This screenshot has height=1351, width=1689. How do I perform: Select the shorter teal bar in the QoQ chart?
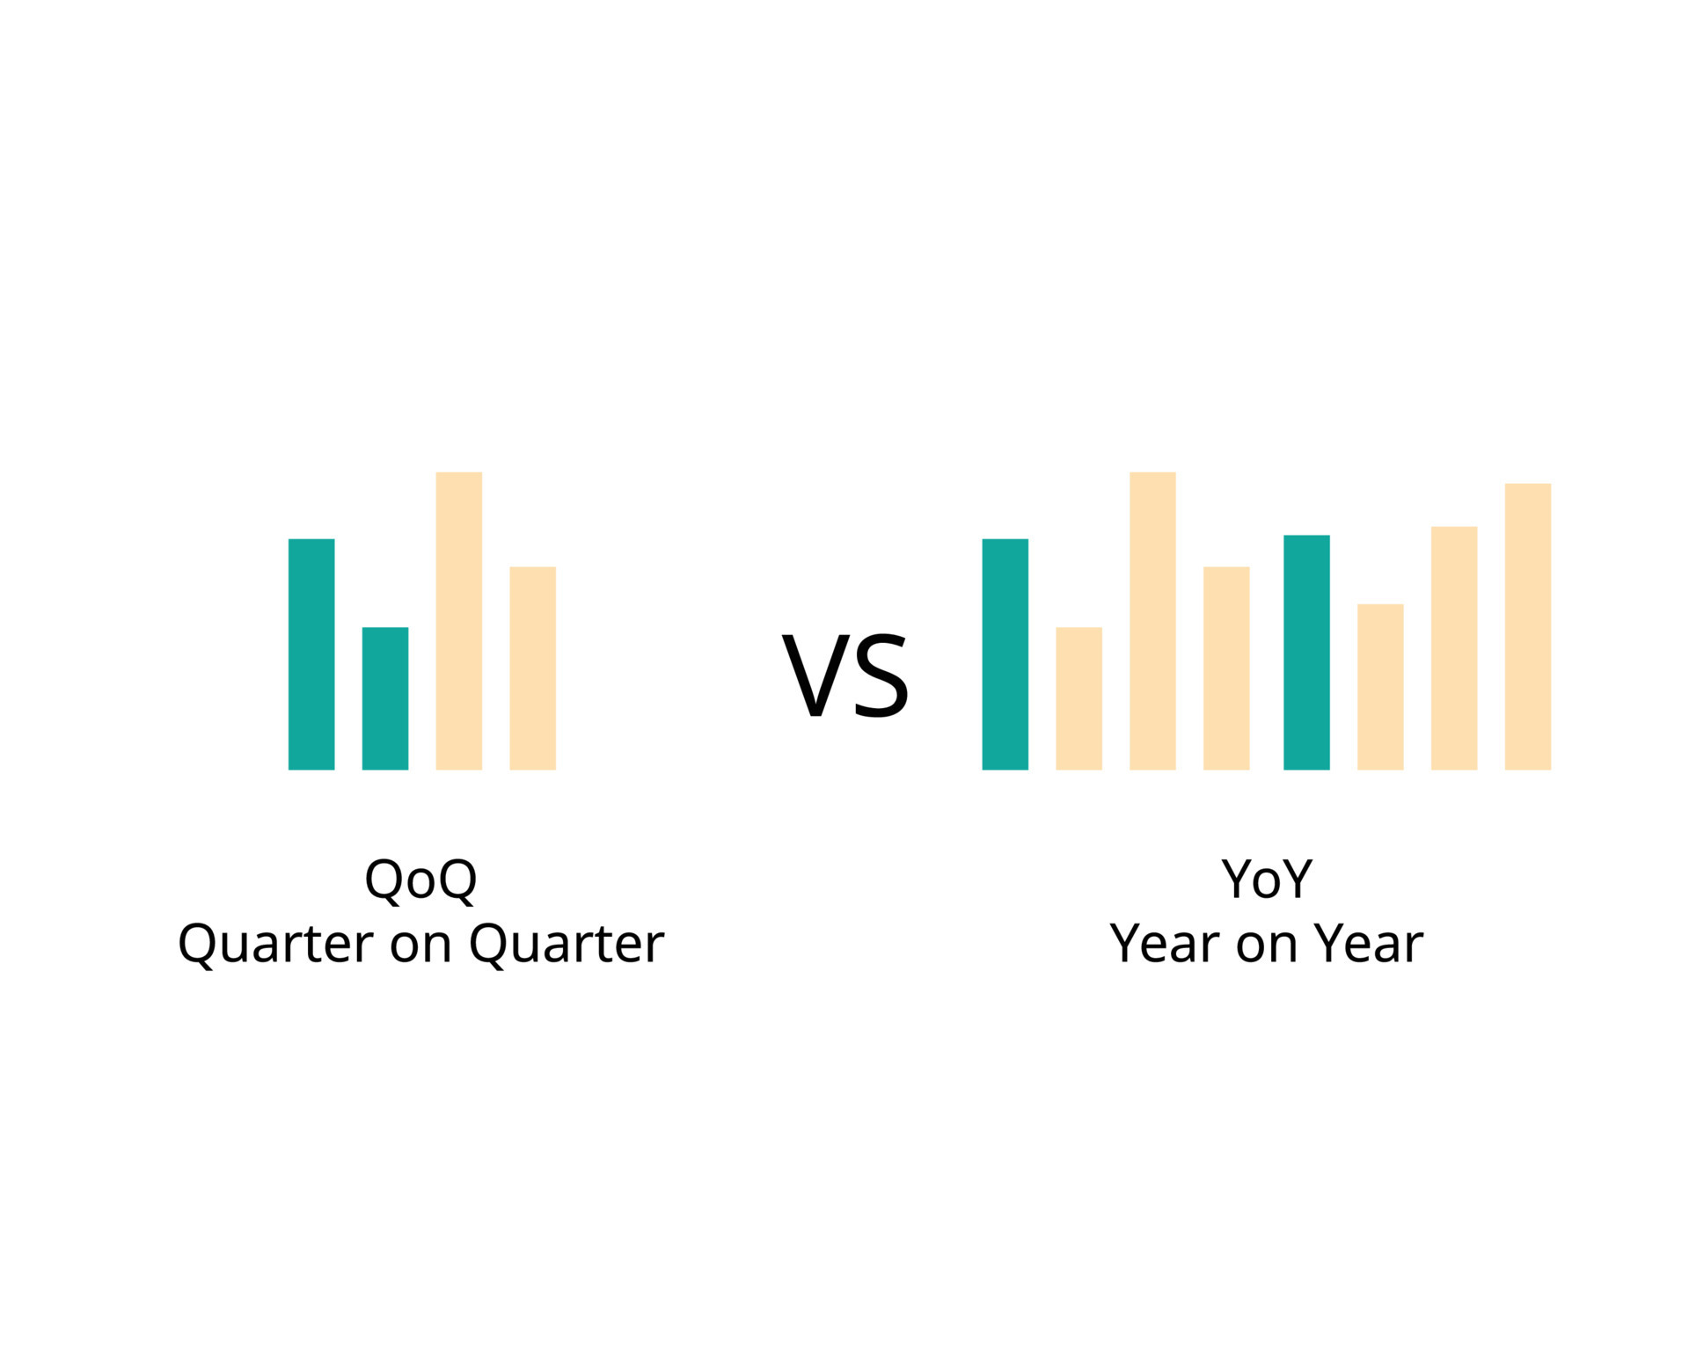click(385, 698)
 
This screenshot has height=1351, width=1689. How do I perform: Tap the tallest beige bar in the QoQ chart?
click(459, 621)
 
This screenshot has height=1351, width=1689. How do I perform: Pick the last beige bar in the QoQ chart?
click(533, 668)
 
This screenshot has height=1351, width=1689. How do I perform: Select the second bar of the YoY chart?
click(1078, 698)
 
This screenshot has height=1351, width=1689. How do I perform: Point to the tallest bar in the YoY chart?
click(1152, 621)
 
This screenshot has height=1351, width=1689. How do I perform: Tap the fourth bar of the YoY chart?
click(1226, 668)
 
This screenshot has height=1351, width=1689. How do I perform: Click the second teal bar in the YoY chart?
click(1306, 652)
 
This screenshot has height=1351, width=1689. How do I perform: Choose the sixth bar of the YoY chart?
click(1380, 687)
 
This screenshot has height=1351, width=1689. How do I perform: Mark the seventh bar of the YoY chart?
click(1454, 648)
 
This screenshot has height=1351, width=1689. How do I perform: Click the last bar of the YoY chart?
click(1528, 626)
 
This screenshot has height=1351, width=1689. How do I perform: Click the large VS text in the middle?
click(845, 675)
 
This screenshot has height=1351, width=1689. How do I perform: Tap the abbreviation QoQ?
click(420, 879)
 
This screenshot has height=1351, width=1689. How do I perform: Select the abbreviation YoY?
click(1267, 879)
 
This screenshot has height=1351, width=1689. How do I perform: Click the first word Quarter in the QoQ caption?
click(275, 944)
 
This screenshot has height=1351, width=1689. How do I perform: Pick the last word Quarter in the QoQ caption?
click(566, 944)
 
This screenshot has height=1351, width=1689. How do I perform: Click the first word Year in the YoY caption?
click(1166, 944)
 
